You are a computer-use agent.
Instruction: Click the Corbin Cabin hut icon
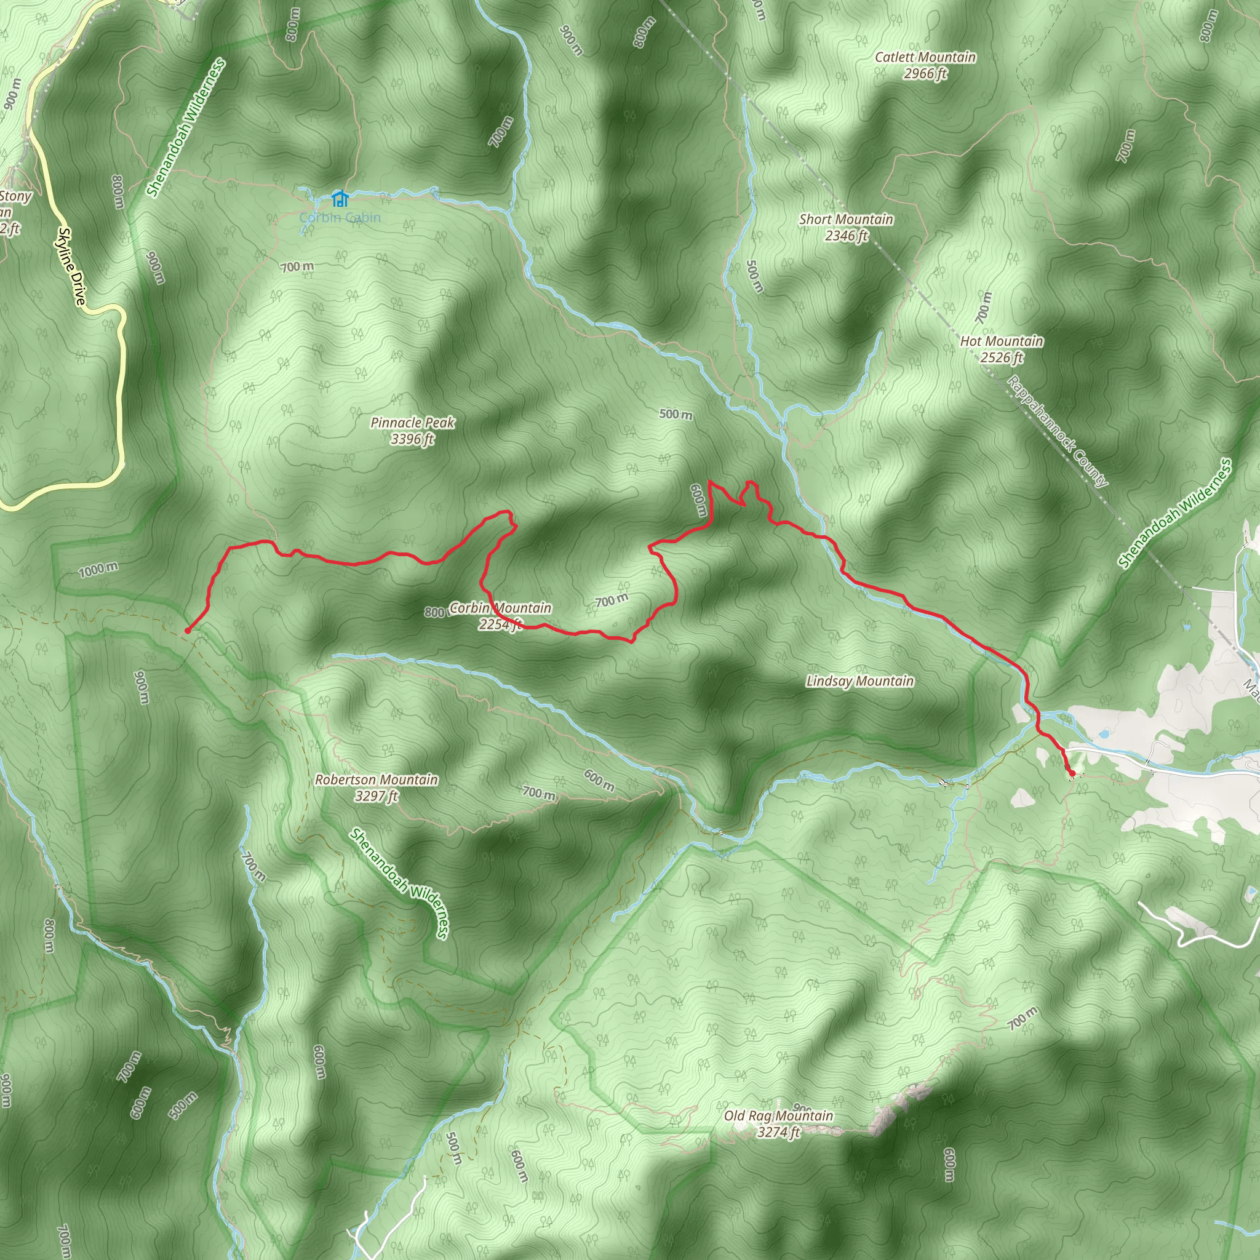click(339, 197)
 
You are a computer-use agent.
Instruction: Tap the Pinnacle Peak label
click(412, 423)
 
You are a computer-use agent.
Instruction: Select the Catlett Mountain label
click(925, 57)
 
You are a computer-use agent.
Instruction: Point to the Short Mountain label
click(846, 219)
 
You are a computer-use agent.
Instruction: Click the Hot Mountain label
click(1001, 341)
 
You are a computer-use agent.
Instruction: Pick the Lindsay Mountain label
click(859, 682)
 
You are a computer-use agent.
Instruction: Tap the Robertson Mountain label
click(377, 780)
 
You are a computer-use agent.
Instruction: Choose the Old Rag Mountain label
click(778, 1116)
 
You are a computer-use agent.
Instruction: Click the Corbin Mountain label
click(500, 608)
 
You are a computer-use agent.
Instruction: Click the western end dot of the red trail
click(187, 631)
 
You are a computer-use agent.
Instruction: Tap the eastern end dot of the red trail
click(1072, 773)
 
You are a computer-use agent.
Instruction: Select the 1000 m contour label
click(98, 570)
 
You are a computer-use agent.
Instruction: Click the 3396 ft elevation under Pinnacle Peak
click(412, 439)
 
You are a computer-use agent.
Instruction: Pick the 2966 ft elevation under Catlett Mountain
click(925, 74)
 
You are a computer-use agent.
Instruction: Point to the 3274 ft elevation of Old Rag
click(778, 1132)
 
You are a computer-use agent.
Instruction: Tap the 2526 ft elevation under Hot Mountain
click(1001, 357)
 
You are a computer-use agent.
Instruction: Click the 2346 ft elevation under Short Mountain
click(846, 236)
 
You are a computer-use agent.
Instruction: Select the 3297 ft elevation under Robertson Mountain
click(377, 795)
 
